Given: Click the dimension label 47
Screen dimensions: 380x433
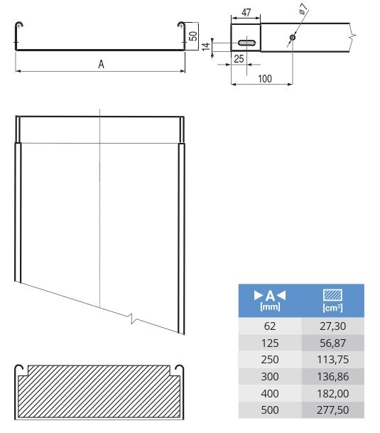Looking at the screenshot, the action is [x=246, y=12].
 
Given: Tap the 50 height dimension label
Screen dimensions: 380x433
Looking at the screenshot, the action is [x=194, y=36].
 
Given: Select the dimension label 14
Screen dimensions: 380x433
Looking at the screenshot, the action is [x=206, y=46].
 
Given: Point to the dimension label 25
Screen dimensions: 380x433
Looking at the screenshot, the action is [x=239, y=59].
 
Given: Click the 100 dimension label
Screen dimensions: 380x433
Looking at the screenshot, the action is [x=265, y=79].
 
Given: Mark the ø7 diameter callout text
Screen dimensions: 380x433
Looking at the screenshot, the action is [x=303, y=9].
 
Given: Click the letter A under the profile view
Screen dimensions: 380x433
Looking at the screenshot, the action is [x=102, y=64].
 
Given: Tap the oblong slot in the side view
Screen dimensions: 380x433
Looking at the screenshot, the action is [x=247, y=43].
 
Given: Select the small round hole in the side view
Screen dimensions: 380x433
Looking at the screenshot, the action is [x=293, y=37].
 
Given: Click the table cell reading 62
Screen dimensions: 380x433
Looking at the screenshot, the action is [x=270, y=326].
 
